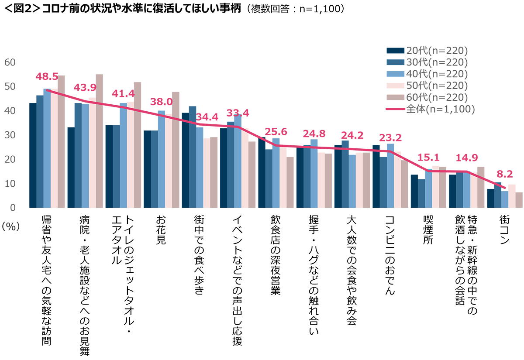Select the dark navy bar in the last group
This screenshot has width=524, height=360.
(x=490, y=201)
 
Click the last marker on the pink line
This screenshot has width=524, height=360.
(x=506, y=187)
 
